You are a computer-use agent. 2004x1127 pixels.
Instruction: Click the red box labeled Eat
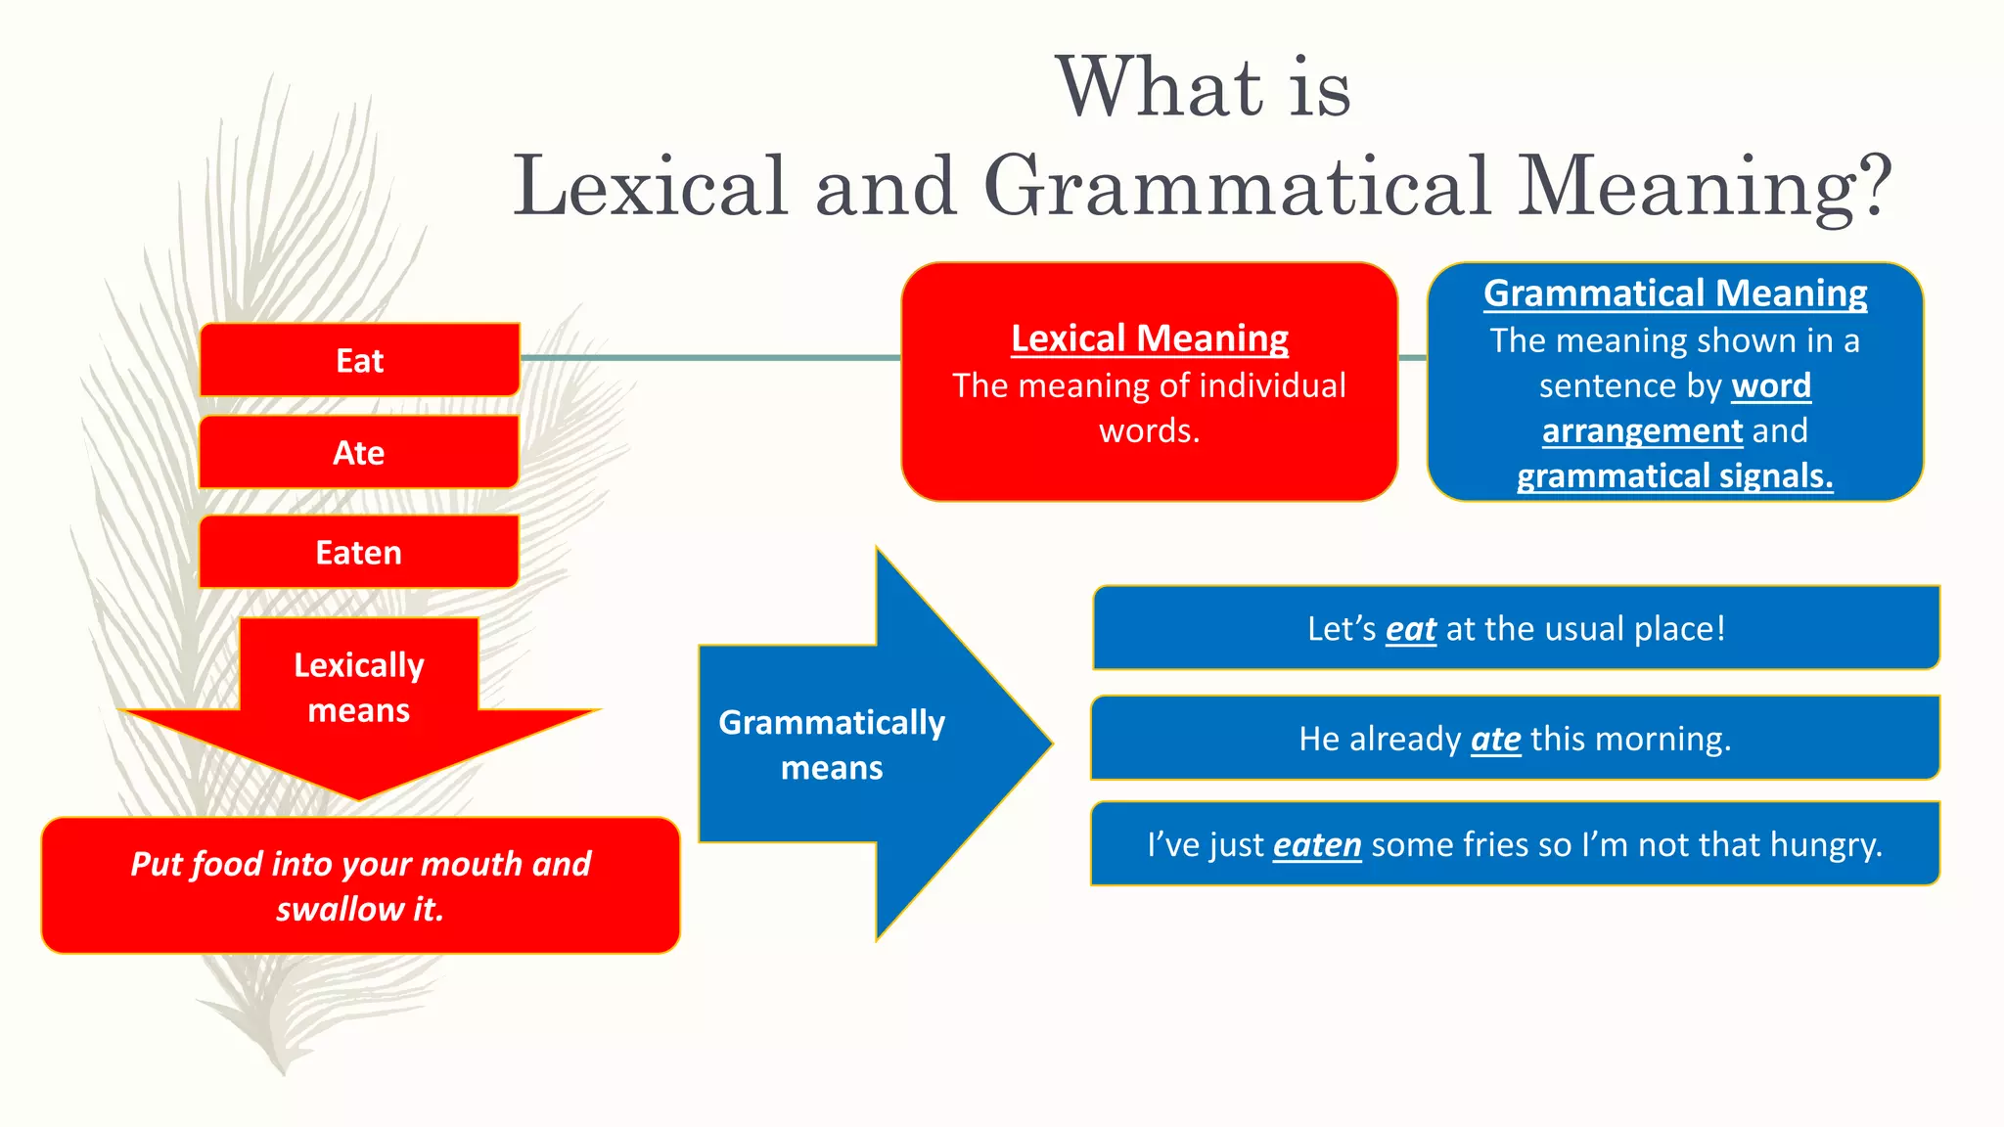pyautogui.click(x=359, y=360)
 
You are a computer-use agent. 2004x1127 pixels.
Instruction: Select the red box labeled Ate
pyautogui.click(x=359, y=452)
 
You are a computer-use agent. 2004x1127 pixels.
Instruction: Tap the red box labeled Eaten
pyautogui.click(x=359, y=553)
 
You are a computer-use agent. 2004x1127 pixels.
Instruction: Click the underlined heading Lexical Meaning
pyautogui.click(x=1149, y=338)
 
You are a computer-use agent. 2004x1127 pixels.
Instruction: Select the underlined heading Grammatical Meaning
pyautogui.click(x=1674, y=293)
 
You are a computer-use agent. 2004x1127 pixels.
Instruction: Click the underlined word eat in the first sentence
pyautogui.click(x=1410, y=629)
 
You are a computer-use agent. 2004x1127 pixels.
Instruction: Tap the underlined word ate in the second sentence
pyautogui.click(x=1495, y=739)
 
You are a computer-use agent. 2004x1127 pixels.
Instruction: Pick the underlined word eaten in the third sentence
pyautogui.click(x=1316, y=845)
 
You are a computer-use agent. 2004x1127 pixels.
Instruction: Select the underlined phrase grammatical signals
pyautogui.click(x=1674, y=476)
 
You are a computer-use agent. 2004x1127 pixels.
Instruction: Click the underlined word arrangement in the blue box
pyautogui.click(x=1642, y=431)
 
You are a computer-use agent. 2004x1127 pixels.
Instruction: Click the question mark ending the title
pyautogui.click(x=1872, y=186)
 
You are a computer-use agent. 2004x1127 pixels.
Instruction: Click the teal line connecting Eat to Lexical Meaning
pyautogui.click(x=709, y=358)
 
